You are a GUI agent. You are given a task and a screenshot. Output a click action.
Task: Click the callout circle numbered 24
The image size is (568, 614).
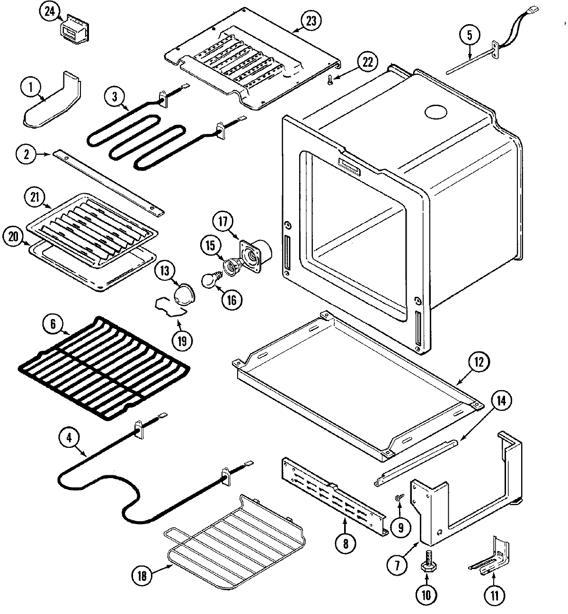point(49,12)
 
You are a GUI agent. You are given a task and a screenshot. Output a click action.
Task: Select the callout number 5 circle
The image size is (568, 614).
point(469,35)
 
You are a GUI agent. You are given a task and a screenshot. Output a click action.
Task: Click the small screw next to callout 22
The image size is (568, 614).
point(330,81)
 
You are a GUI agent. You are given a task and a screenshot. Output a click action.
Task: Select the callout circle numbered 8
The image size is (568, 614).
point(345,543)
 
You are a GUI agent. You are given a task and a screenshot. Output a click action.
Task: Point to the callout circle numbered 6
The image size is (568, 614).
point(53,325)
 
